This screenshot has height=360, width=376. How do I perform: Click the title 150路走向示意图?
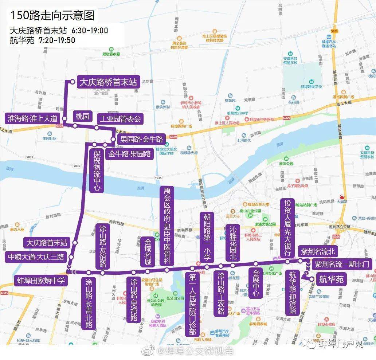click(x=52, y=15)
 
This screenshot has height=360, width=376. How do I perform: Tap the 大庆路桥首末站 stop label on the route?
click(x=108, y=82)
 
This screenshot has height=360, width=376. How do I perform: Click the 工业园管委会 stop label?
click(x=120, y=119)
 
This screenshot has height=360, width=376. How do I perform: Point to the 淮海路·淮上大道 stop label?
click(x=33, y=118)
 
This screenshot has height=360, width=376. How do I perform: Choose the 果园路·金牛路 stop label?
click(x=142, y=138)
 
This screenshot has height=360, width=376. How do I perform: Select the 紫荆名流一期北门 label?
click(x=342, y=264)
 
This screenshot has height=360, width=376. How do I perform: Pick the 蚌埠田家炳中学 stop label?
click(x=40, y=280)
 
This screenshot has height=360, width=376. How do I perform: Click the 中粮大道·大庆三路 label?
click(x=36, y=257)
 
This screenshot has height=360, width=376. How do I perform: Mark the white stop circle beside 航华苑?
click(x=312, y=279)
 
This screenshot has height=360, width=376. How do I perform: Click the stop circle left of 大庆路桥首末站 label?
click(x=73, y=82)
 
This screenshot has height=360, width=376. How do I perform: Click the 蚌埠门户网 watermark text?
click(x=341, y=344)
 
